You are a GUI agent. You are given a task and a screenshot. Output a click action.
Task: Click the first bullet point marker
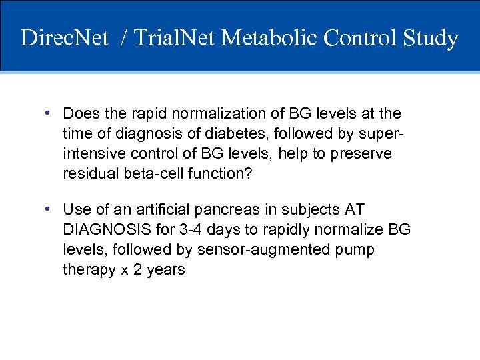pyautogui.click(x=49, y=113)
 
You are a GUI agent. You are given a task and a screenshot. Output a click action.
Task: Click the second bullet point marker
pyautogui.click(x=49, y=209)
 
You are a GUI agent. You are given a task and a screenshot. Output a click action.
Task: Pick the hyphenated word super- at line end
pyautogui.click(x=382, y=134)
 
